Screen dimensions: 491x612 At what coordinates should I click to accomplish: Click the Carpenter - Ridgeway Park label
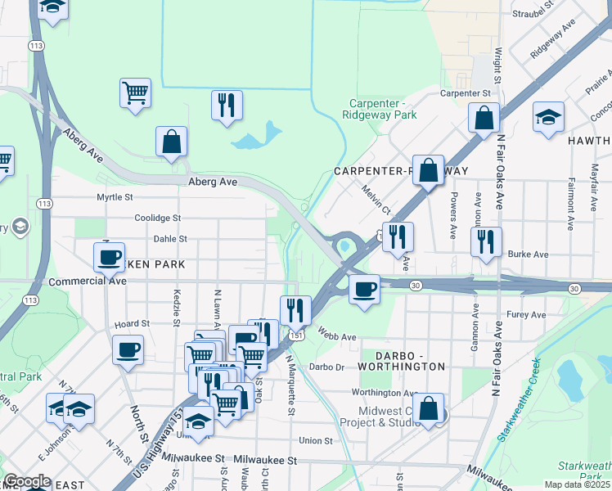(383, 109)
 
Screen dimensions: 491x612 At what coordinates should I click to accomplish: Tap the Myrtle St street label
(115, 197)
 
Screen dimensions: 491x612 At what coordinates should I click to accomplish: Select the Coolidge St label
(158, 218)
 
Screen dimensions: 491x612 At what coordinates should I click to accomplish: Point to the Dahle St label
(170, 239)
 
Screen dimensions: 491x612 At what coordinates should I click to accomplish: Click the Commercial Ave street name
(88, 281)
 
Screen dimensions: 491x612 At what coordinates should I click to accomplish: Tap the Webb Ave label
(337, 336)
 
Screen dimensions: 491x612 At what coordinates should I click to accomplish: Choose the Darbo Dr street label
(327, 367)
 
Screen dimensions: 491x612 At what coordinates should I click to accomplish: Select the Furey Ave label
(525, 314)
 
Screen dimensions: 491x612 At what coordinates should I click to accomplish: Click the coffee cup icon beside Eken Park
(108, 257)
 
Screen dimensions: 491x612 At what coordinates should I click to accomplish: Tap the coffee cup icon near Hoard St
(128, 350)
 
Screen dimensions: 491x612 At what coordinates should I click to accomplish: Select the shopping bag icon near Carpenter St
(484, 118)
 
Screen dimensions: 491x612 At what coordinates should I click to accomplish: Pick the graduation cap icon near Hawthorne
(548, 116)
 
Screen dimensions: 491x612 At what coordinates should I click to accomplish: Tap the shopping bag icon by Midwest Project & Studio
(428, 408)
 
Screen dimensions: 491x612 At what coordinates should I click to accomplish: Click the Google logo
(27, 481)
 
